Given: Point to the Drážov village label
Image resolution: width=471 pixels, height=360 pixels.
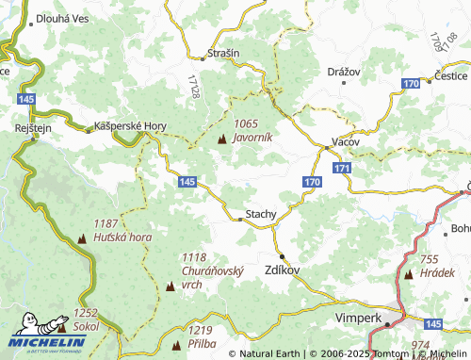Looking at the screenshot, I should click(x=345, y=72).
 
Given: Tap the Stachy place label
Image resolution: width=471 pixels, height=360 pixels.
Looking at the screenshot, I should click(x=261, y=214).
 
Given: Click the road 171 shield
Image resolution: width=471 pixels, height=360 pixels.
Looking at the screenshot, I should click(x=341, y=168).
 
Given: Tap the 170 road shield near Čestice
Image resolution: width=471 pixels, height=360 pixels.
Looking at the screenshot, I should click(x=411, y=85).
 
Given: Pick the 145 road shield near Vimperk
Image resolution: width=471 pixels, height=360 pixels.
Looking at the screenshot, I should click(x=432, y=324).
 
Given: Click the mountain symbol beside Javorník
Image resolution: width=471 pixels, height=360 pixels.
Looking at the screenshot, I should click(x=222, y=139).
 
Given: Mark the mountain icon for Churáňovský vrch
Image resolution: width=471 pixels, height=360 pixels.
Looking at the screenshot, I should click(x=170, y=284).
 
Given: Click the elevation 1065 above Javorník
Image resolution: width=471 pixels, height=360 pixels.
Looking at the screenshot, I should click(x=246, y=123).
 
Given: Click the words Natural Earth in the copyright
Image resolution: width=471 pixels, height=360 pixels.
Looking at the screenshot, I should click(x=272, y=354).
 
